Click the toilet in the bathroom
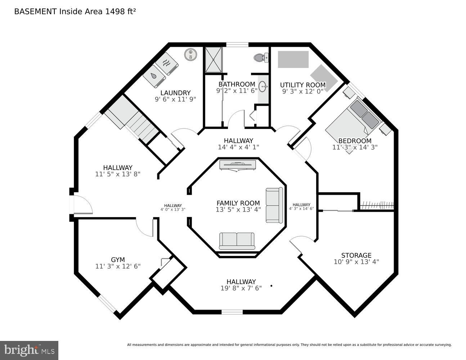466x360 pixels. point(261,58)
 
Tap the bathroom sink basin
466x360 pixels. point(263,86)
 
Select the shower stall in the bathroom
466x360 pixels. point(214,60)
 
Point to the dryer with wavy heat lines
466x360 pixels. point(167,64)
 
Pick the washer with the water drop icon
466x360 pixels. point(154,76)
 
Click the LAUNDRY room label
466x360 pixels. point(175,93)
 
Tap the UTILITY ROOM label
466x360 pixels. point(303,85)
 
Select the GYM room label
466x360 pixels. point(118,260)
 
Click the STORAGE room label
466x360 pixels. point(356,255)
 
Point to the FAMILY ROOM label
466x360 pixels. point(238,203)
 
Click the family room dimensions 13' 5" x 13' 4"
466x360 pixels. point(238,210)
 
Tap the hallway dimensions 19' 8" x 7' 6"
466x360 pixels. point(241,288)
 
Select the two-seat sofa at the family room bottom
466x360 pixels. point(237,241)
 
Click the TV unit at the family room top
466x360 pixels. point(238,166)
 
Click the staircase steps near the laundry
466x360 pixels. point(142,127)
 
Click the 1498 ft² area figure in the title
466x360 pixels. point(120,12)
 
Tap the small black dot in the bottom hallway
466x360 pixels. point(271,285)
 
